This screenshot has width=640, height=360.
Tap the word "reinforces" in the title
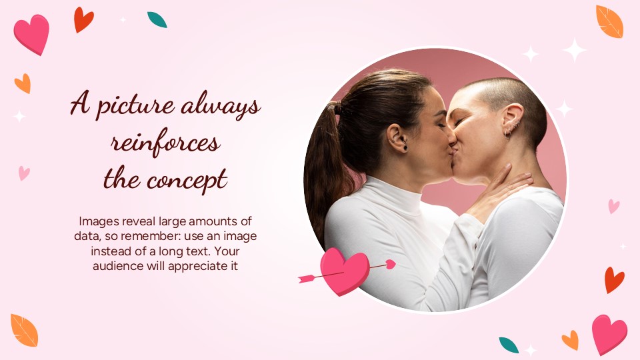165,143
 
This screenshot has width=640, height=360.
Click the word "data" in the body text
85,237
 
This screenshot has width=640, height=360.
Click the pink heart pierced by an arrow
344,271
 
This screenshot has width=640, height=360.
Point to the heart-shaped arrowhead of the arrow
391,265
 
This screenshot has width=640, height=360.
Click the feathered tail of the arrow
307,278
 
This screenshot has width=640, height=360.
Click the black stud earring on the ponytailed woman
404,147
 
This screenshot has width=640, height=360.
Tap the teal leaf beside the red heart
157,20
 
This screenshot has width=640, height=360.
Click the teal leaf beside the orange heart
509,345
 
